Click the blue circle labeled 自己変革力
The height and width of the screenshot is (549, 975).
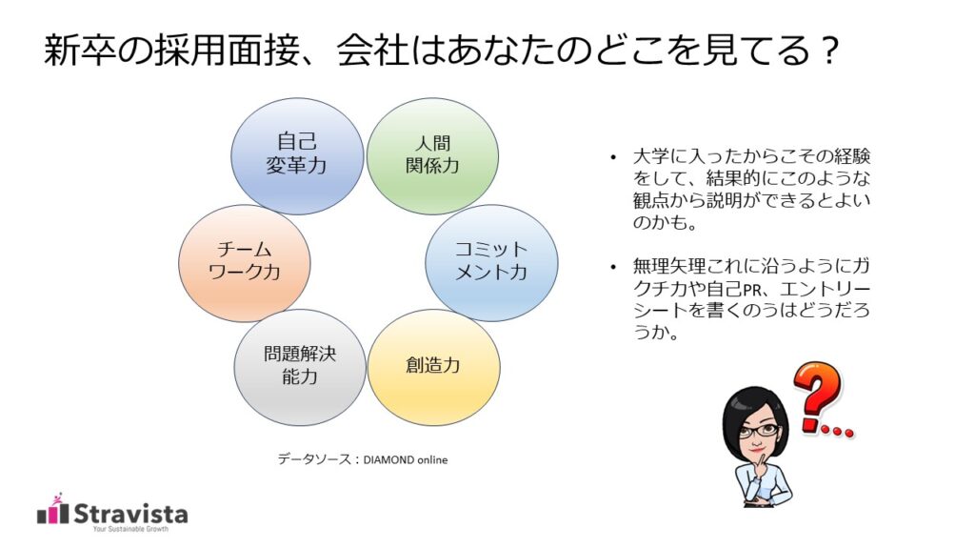click(x=297, y=155)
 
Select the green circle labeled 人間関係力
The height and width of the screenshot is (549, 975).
click(x=432, y=155)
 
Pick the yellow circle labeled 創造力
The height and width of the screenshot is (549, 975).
click(x=433, y=366)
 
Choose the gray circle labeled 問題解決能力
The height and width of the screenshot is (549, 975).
click(x=300, y=366)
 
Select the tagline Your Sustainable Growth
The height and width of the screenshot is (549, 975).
click(x=129, y=530)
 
